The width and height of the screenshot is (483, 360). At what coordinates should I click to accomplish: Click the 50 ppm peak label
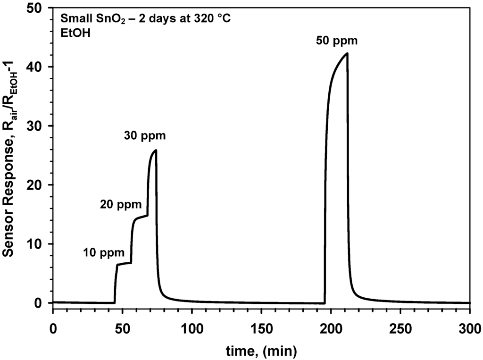tap(337, 41)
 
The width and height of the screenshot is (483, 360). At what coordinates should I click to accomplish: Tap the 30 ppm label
tap(145, 136)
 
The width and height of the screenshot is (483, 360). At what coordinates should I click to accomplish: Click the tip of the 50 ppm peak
tap(347, 53)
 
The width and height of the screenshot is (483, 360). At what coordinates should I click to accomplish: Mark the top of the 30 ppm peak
tap(156, 150)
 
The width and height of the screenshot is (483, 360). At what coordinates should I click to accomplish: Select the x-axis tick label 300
tap(469, 327)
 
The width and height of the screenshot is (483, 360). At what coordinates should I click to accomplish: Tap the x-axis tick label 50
tap(122, 327)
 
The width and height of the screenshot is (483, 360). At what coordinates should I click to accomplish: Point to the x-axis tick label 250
tap(400, 327)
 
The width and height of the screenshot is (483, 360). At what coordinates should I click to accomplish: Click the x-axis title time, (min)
tap(261, 350)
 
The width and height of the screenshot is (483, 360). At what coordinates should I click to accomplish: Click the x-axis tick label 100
tap(192, 327)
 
